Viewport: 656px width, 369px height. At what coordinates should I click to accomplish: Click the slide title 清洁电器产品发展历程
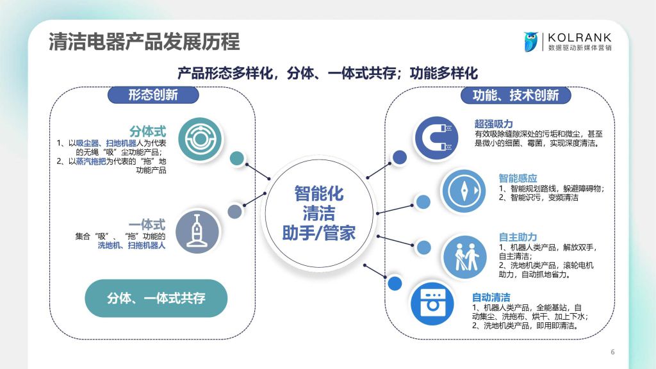click(144, 42)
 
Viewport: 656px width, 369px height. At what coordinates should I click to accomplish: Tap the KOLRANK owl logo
click(531, 42)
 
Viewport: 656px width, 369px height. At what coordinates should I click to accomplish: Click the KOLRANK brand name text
click(579, 38)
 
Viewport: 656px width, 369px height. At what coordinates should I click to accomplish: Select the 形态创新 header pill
click(153, 95)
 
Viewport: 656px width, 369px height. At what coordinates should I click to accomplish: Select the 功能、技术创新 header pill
click(516, 95)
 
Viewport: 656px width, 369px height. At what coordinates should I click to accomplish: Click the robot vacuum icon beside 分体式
click(200, 139)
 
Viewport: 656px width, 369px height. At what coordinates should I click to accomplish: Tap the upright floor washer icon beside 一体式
click(197, 231)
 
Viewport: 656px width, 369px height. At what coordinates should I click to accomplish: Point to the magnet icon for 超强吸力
click(436, 138)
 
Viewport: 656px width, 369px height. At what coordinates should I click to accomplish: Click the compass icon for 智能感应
click(464, 191)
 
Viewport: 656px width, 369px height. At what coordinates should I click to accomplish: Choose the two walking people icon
click(464, 257)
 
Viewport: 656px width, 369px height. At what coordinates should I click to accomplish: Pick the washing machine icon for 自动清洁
click(432, 303)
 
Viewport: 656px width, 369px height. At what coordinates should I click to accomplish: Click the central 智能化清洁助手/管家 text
click(319, 213)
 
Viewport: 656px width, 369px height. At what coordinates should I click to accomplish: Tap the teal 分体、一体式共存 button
click(156, 299)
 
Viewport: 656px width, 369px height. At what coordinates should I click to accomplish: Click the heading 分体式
click(147, 131)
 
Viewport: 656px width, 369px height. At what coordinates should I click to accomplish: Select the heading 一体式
click(147, 225)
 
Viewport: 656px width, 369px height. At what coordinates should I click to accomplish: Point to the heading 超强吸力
click(493, 124)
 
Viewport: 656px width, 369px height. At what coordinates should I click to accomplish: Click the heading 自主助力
click(518, 237)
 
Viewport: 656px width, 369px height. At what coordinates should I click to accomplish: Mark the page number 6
click(612, 352)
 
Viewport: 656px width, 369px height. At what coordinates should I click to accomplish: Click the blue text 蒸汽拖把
click(91, 161)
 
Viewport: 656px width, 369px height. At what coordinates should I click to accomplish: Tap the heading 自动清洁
click(491, 297)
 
